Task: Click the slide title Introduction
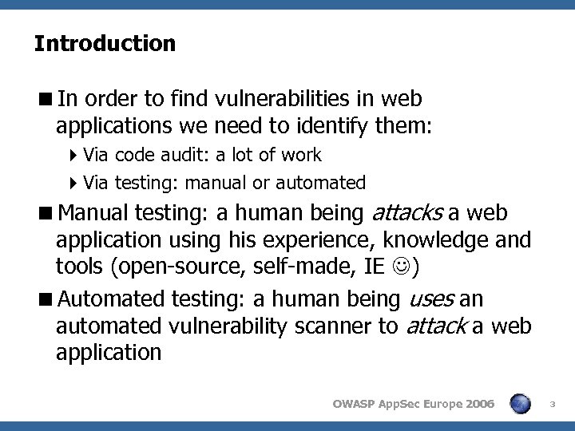pos(105,43)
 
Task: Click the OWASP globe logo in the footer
pos(521,405)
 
